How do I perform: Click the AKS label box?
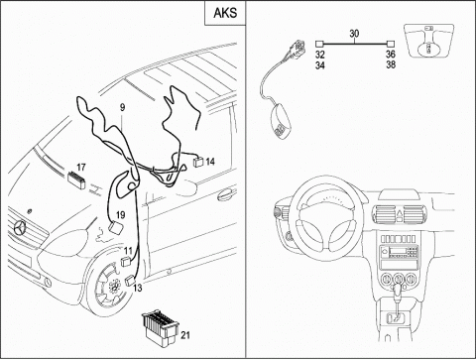point(225,13)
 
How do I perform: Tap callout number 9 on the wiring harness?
point(122,107)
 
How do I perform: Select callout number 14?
point(210,162)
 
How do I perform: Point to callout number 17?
point(81,168)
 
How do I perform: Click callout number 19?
point(121,215)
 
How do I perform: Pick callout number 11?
point(128,251)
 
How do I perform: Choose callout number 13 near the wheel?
point(138,288)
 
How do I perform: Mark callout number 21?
point(185,335)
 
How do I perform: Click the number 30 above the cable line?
point(354,34)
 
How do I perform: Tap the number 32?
point(319,55)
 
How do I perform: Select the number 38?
point(391,64)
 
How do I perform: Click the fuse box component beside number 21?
point(161,324)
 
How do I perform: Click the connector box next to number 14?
point(198,162)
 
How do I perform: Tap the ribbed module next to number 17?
point(76,180)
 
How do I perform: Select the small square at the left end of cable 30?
point(319,44)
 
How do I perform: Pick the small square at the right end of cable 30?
point(391,44)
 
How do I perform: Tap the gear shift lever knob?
point(397,292)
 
